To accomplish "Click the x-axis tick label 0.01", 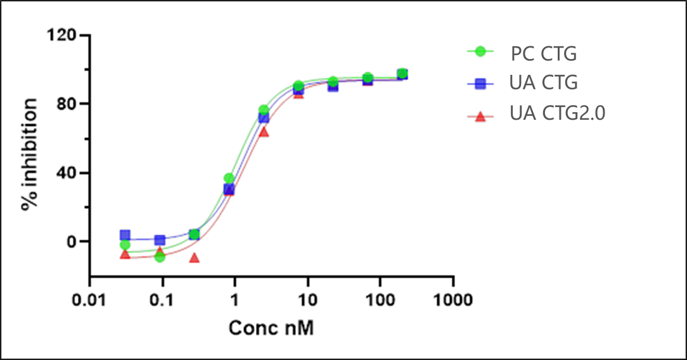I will [89, 299].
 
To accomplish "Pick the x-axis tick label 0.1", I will [162, 299].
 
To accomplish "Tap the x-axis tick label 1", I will [235, 299].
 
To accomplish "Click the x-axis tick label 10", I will [307, 299].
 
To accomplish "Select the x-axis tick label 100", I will [380, 299].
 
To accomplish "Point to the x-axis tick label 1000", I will [453, 299].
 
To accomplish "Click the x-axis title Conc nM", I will [271, 328].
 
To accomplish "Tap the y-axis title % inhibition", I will [30, 155].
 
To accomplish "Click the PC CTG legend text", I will [544, 55].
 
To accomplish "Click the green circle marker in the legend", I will [480, 51].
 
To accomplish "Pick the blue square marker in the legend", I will [480, 83].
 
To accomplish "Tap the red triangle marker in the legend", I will [480, 116].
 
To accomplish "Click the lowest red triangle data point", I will [195, 258].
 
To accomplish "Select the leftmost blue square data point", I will [125, 235].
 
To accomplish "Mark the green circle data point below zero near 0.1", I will [160, 257].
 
